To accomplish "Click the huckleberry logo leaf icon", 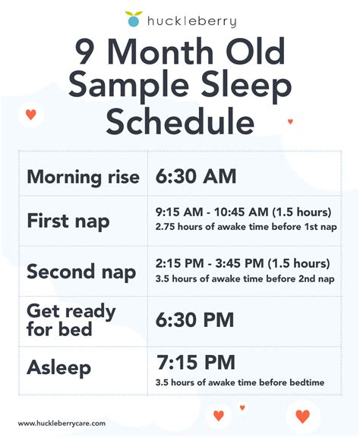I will point(134,19).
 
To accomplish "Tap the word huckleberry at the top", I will point(191,21).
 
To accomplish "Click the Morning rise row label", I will point(83,177).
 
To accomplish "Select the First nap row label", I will point(68,221).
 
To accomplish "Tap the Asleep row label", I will point(59,368).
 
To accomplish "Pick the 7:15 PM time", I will point(195,362).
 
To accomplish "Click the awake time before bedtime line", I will point(239,382).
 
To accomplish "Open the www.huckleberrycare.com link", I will point(62,423).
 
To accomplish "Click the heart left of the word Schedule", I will point(30,115).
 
